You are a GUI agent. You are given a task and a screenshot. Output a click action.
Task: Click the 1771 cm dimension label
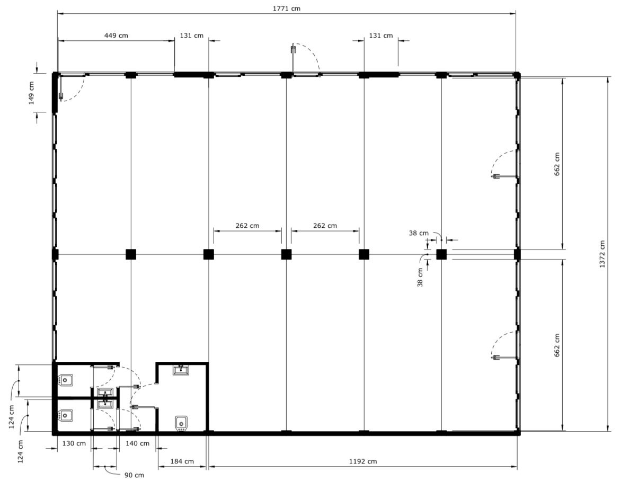287,8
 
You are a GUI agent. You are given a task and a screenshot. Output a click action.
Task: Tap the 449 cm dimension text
116,35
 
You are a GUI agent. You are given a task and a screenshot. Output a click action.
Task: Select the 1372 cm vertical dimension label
602,254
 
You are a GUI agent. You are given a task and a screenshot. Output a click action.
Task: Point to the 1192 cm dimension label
363,461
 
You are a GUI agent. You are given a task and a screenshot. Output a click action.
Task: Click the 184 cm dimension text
182,461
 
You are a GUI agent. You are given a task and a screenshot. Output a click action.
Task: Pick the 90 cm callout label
135,475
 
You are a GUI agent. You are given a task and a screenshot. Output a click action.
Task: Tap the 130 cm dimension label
74,443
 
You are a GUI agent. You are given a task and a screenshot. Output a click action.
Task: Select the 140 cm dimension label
138,443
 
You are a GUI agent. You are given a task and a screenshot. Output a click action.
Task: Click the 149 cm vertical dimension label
31,93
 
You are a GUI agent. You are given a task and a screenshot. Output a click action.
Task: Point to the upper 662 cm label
557,164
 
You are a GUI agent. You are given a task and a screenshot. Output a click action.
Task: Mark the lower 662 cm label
557,345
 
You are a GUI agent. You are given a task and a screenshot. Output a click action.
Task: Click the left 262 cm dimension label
247,226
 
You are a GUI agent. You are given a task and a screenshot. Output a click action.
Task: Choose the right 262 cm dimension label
325,226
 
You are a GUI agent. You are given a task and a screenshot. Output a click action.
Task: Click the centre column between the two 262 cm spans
286,254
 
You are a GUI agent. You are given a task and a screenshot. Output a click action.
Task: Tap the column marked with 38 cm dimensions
441,254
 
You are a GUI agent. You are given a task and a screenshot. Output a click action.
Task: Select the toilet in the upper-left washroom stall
65,380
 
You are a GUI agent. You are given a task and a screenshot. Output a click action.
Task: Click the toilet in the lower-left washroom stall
65,415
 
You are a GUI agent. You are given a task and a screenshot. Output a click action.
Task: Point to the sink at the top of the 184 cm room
181,370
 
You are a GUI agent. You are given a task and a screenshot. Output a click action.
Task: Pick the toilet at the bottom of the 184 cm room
181,423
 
